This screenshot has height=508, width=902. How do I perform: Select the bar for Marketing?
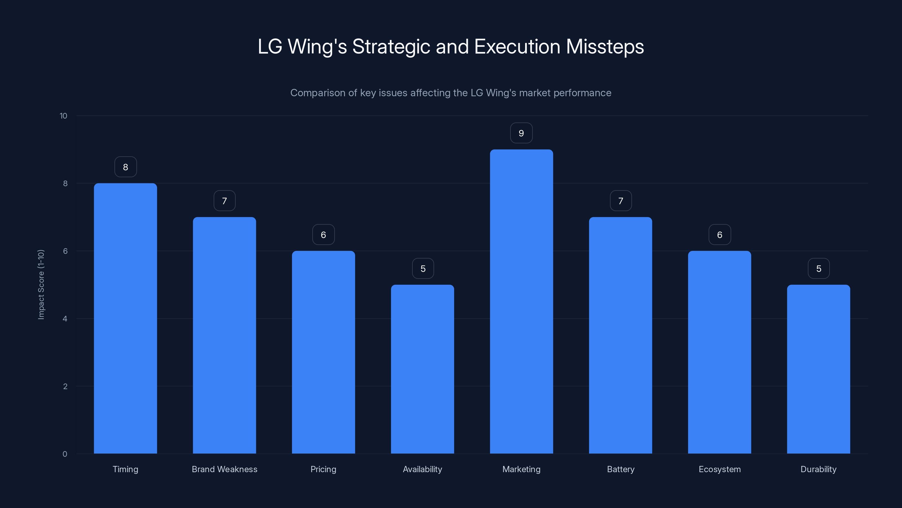[521, 301]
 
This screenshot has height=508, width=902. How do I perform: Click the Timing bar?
[125, 318]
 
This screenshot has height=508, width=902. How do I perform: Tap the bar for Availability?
[422, 369]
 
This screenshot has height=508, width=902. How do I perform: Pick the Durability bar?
[818, 369]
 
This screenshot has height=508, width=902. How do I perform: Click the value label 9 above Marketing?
[521, 133]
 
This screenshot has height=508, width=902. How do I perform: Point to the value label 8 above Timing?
[125, 167]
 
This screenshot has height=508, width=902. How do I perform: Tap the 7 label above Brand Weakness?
[224, 201]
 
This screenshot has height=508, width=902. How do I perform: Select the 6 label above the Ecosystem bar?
[720, 235]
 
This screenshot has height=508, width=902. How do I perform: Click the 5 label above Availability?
[423, 269]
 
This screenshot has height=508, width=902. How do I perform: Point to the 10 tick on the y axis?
[63, 116]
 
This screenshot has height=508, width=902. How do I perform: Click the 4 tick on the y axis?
[65, 319]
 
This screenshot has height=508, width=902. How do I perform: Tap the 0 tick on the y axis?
[65, 454]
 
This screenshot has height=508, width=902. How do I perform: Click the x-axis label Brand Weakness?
[224, 469]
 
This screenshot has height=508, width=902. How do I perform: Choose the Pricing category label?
[323, 469]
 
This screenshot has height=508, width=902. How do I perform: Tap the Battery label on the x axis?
[620, 469]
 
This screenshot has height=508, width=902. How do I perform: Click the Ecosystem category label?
[720, 469]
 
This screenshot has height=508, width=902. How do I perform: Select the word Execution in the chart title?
[517, 47]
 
